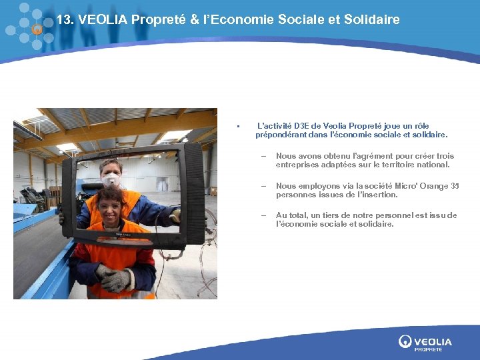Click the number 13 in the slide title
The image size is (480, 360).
tap(64, 19)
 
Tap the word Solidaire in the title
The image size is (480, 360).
tap(371, 19)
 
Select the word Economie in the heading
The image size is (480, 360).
tap(247, 19)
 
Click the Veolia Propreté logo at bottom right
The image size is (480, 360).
tap(425, 343)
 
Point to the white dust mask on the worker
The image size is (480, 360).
tap(111, 180)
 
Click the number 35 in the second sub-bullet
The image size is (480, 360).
tap(455, 186)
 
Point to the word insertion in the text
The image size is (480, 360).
tap(377, 195)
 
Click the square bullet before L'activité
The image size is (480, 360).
tap(237, 127)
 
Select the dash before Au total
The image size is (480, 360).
tap(263, 215)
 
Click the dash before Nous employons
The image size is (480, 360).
tap(263, 186)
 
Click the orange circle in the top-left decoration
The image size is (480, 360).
tap(37, 29)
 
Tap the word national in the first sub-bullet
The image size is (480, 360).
tap(433, 164)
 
